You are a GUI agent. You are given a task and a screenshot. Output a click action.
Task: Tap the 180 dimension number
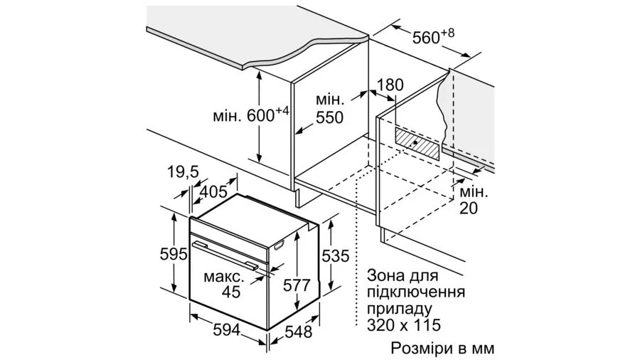390,85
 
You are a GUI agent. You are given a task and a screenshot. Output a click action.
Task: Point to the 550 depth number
330,117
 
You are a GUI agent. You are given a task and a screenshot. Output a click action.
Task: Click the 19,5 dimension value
183,172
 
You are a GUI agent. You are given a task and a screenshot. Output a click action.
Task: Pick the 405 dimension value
213,191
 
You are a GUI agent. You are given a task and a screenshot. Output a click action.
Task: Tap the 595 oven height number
174,255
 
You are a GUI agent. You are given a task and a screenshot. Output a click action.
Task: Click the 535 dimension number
336,256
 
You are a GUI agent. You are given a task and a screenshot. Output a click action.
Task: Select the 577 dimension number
297,285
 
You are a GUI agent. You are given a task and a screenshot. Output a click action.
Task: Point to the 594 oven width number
227,330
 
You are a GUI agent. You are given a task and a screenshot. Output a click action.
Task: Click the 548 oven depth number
299,332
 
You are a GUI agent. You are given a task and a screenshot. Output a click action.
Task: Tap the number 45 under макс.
231,292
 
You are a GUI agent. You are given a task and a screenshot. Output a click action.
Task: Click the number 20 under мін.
468,208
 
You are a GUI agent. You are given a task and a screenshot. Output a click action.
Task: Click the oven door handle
225,255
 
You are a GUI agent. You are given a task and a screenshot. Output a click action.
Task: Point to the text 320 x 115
404,325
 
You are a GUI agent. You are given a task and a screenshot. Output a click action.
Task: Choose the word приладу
399,309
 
